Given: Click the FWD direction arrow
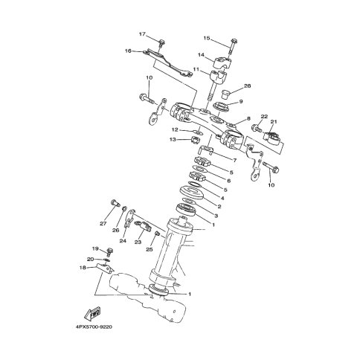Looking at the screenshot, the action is pyautogui.click(x=92, y=313).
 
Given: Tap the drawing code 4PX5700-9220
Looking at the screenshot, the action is pyautogui.click(x=94, y=327).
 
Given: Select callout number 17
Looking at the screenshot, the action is pyautogui.click(x=142, y=34).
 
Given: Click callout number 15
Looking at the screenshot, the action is pyautogui.click(x=207, y=38).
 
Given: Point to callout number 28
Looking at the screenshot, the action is pyautogui.click(x=247, y=86).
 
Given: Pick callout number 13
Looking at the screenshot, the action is pyautogui.click(x=173, y=140).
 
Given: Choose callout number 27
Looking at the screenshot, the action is pyautogui.click(x=103, y=223).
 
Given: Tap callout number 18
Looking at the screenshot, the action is pyautogui.click(x=83, y=268).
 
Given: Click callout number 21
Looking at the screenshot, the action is pyautogui.click(x=274, y=121).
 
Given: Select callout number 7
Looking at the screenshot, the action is pyautogui.click(x=234, y=161).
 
